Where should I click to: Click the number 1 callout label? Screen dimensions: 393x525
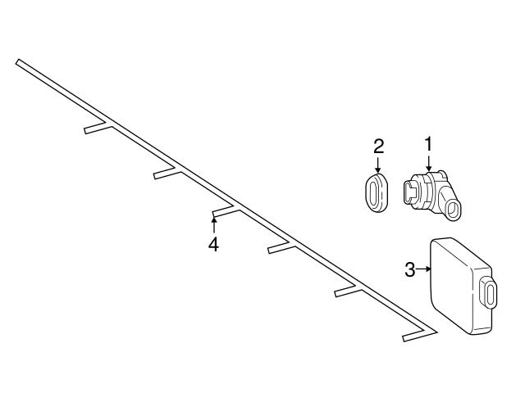pos(428,144)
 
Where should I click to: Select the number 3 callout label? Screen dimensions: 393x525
pos(410,269)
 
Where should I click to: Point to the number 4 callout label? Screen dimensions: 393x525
pos(213,244)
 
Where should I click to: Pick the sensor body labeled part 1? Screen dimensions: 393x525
pos(435,192)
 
